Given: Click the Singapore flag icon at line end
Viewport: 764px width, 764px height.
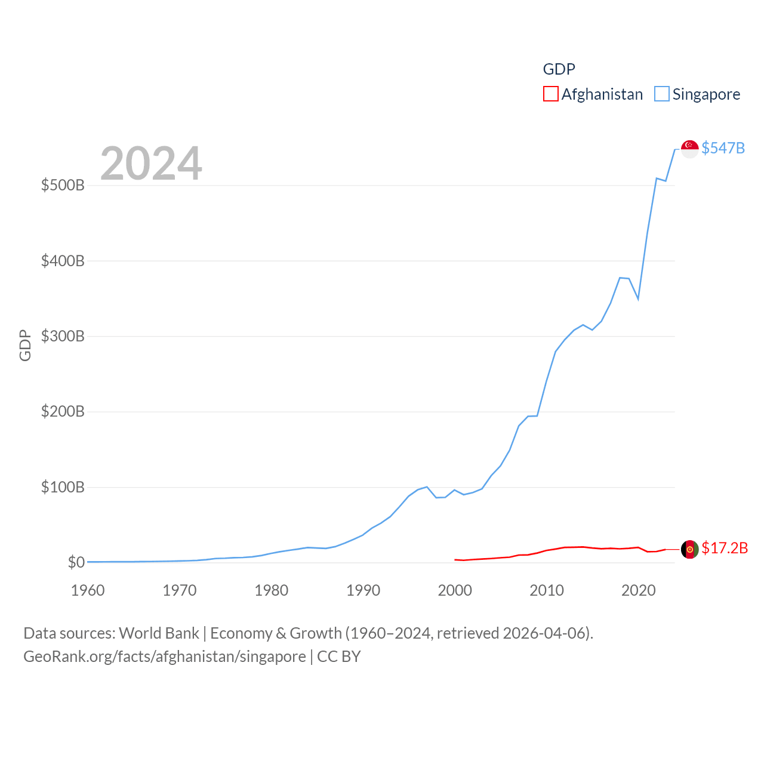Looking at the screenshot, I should click(x=689, y=149).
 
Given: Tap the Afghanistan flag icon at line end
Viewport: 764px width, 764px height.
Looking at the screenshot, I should click(x=689, y=549).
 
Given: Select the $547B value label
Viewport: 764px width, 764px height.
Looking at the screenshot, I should click(x=723, y=148).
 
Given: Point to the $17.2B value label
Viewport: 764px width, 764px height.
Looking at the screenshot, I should click(x=725, y=548).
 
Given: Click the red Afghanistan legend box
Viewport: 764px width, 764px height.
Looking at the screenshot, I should click(x=550, y=94).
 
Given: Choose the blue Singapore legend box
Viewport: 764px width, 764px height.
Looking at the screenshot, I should click(x=661, y=94).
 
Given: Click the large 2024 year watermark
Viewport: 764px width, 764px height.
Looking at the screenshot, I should click(x=151, y=164).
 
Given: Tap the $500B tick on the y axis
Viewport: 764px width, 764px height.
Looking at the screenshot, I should click(x=63, y=185).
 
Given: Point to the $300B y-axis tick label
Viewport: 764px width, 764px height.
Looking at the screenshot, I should click(x=63, y=336).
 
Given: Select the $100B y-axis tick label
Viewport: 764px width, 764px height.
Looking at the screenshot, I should click(x=63, y=487).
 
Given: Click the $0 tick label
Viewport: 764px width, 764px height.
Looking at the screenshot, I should click(x=76, y=562).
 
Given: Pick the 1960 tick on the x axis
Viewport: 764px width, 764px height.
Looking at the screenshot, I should click(x=88, y=590).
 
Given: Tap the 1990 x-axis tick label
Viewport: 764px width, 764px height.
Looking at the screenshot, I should click(x=363, y=590).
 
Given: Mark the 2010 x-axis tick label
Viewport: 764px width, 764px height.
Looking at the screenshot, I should click(x=547, y=590).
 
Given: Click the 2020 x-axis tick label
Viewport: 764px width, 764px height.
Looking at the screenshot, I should click(x=639, y=590).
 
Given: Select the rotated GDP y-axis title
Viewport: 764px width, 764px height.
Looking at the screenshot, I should click(x=25, y=345).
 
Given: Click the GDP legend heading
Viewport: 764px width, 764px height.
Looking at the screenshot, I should click(x=559, y=69).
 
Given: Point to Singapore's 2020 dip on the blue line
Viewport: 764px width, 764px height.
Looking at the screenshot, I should click(x=638, y=298).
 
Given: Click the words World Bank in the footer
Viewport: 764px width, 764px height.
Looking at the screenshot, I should click(x=159, y=633).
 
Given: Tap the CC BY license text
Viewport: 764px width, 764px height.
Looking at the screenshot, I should click(x=339, y=657).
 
